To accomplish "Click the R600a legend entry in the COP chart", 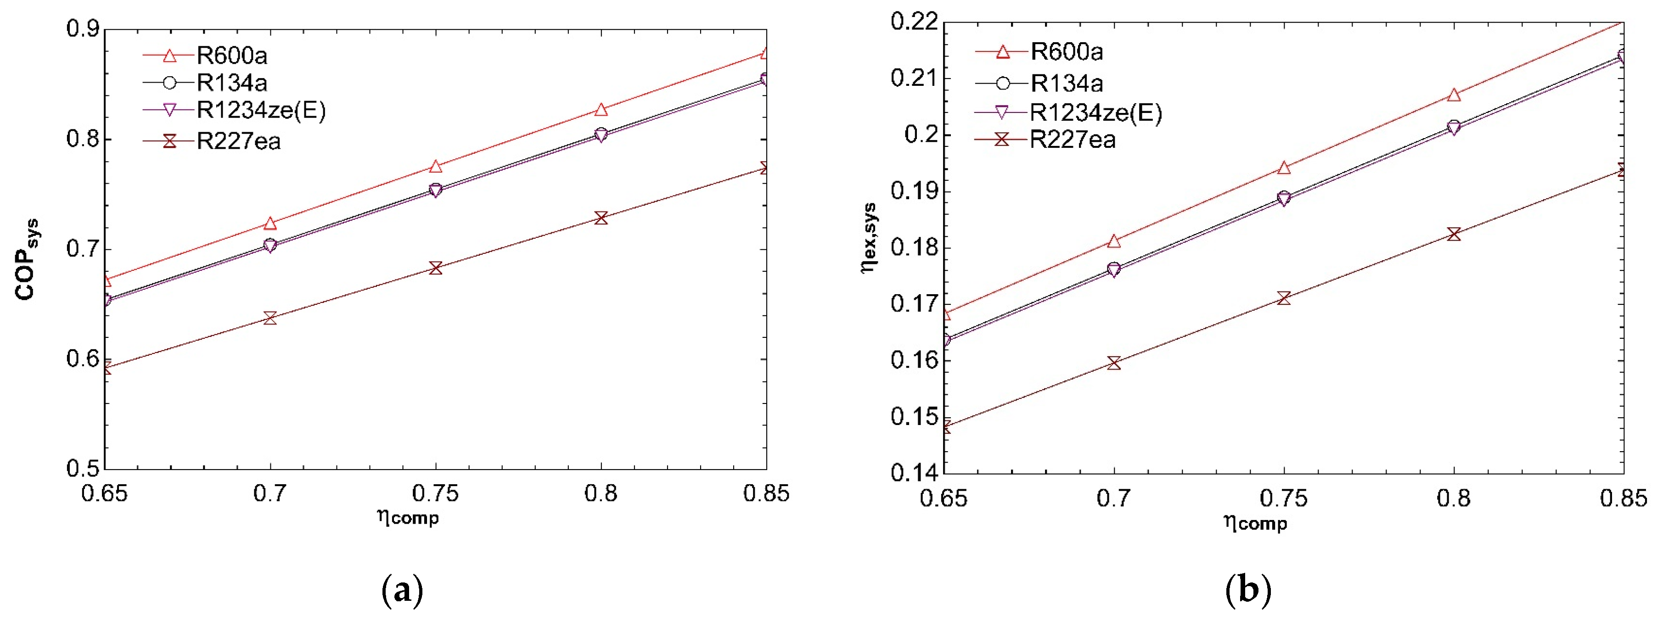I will pyautogui.click(x=231, y=56).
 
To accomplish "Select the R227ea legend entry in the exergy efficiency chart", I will pyautogui.click(x=1072, y=140).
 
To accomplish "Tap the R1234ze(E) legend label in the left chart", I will pyautogui.click(x=260, y=111).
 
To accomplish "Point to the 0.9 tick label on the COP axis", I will pyautogui.click(x=82, y=29).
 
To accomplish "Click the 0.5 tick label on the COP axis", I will pyautogui.click(x=82, y=469).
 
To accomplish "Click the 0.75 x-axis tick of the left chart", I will pyautogui.click(x=435, y=494).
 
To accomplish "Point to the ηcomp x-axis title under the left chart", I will pyautogui.click(x=408, y=517).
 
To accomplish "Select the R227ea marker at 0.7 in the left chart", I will pyautogui.click(x=270, y=318).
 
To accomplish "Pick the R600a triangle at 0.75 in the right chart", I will pyautogui.click(x=1284, y=168).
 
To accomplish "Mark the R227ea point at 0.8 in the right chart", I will pyautogui.click(x=1454, y=234).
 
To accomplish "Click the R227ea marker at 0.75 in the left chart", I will pyautogui.click(x=435, y=268).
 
